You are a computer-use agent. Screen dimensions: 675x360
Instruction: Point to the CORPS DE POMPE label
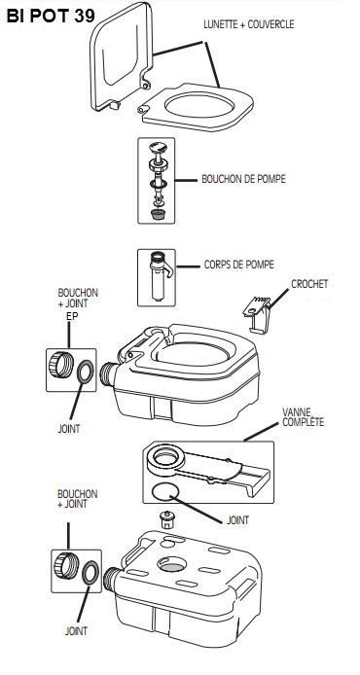point(238,264)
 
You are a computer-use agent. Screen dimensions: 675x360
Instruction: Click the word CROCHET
point(309,285)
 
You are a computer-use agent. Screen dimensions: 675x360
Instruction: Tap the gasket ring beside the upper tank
point(86,373)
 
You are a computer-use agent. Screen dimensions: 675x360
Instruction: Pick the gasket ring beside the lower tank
point(90,573)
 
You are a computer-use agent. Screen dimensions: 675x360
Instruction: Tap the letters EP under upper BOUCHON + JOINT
point(71,316)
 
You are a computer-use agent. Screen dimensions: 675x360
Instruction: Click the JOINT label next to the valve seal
point(237,520)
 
